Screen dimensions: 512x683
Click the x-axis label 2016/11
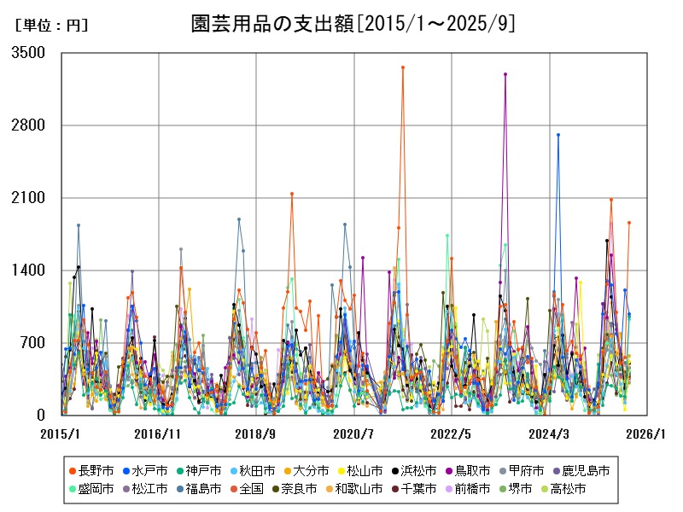tap(159, 433)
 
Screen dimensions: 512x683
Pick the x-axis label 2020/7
tap(353, 433)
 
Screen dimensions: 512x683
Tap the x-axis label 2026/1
tap(645, 433)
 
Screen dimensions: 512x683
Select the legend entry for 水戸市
tap(151, 470)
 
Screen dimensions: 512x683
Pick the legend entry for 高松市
tap(585, 489)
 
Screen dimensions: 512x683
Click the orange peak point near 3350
tap(403, 67)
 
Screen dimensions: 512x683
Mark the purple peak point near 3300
tap(505, 74)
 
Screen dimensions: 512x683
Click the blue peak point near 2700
tap(558, 135)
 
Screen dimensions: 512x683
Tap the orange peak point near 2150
tap(292, 194)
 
